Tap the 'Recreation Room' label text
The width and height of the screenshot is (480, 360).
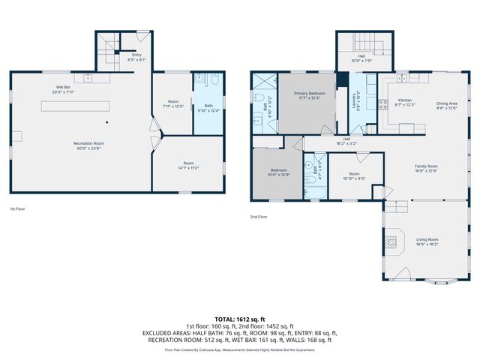88,143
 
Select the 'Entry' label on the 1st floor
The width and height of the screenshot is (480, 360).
136,55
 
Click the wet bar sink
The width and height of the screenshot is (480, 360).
88,77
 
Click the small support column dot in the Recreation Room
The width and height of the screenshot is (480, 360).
107,122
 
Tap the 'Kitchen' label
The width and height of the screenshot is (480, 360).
405,102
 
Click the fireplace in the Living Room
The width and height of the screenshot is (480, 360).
391,241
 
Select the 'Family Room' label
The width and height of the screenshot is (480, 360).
427,167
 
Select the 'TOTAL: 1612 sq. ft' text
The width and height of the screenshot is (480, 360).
240,319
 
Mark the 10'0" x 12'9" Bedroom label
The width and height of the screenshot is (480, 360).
279,172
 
